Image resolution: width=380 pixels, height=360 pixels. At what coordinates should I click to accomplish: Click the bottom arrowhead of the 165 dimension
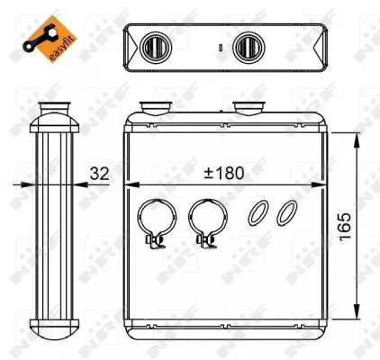(x=359, y=326)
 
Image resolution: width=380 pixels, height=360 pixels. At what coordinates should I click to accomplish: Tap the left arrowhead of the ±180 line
(x=129, y=184)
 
